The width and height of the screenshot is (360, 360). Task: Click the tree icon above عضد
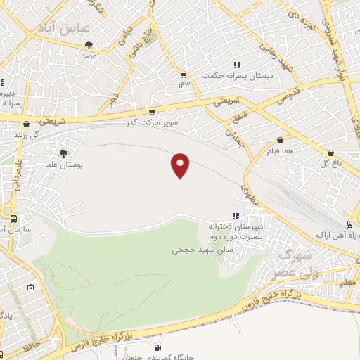(89, 45)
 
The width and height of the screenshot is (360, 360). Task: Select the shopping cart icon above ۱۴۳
(184, 75)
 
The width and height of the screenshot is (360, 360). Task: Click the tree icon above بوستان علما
(64, 153)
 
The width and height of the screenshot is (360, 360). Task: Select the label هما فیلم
(281, 150)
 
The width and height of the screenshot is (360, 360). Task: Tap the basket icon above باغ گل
(330, 153)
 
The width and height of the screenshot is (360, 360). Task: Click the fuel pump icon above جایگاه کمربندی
(157, 347)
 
